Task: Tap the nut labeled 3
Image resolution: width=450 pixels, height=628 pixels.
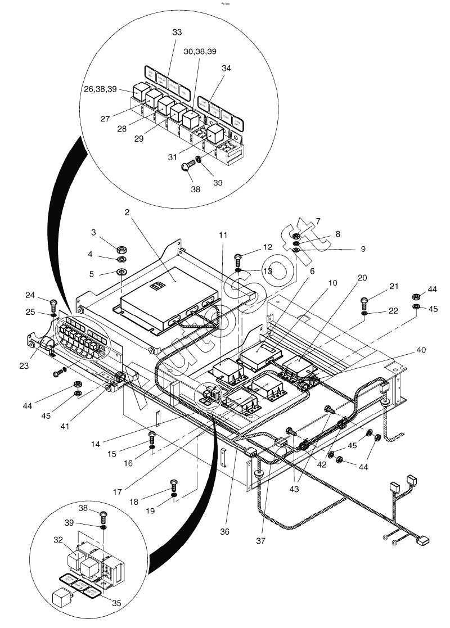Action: click(120, 249)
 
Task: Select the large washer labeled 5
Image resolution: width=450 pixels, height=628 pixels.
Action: click(121, 273)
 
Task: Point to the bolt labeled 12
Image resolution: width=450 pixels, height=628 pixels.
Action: click(237, 259)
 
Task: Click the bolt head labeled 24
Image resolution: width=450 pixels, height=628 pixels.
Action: click(53, 304)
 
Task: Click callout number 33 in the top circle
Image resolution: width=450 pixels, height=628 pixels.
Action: click(177, 33)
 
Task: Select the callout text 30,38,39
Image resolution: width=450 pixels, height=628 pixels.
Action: click(200, 51)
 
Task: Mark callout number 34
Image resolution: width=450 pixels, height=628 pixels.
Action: click(226, 68)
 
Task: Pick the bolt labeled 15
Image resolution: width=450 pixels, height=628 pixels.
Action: click(152, 435)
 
